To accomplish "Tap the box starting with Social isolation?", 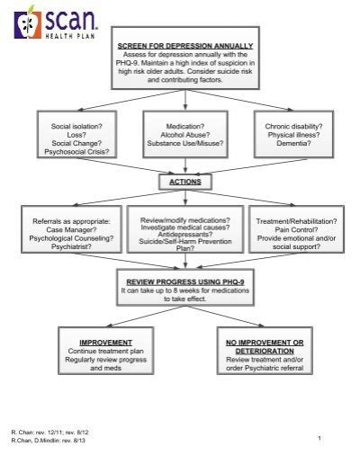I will (76, 135).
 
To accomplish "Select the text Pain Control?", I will (297, 228).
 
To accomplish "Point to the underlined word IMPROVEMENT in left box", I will (104, 342).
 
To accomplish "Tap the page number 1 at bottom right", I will (319, 437).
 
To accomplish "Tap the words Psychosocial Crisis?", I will (76, 152).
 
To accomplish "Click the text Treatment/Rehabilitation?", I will (297, 219).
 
